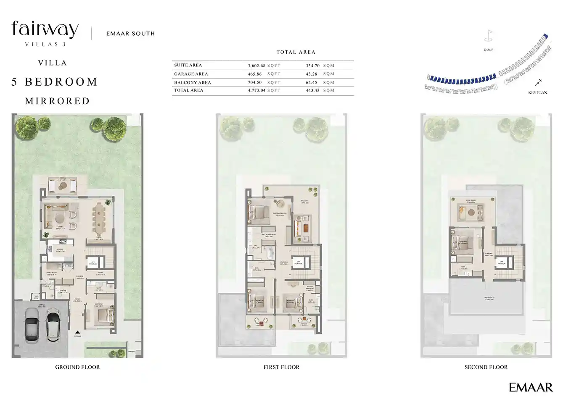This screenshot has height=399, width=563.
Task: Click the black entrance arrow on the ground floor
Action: coord(77,332)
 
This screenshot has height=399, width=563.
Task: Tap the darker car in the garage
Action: coord(32,324)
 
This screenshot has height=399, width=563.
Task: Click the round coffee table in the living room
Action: coord(58,218)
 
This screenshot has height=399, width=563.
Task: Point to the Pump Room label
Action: coord(36,297)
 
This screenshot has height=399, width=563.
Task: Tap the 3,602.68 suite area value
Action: coord(256,66)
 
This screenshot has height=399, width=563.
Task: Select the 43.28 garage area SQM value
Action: coord(312,74)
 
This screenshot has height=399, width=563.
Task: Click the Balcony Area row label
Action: coord(193,83)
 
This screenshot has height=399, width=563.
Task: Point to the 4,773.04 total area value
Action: coord(256,90)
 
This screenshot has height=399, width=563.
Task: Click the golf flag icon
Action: coord(488,36)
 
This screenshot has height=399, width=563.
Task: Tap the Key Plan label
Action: coord(537,92)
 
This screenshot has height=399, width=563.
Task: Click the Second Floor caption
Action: coord(486,367)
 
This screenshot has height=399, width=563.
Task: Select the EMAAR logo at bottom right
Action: coord(531,387)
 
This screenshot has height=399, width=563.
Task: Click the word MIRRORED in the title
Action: coord(58,101)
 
